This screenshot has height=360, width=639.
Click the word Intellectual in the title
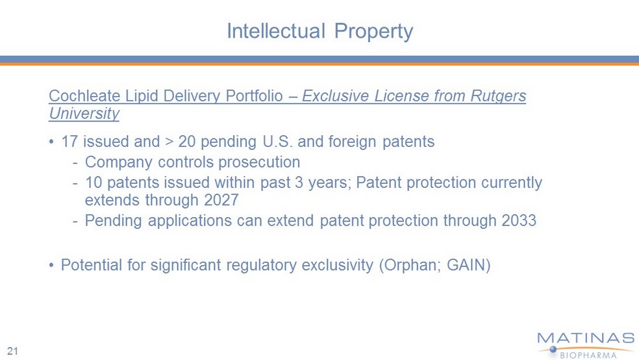click(276, 31)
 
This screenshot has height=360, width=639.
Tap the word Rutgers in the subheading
click(498, 97)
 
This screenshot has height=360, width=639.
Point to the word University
click(84, 114)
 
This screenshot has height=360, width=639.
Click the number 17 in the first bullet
click(69, 142)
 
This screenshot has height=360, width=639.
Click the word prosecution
click(259, 162)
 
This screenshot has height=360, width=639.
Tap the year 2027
click(221, 200)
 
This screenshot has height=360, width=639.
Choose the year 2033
click(519, 220)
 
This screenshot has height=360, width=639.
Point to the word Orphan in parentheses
click(410, 265)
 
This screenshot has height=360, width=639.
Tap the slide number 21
click(12, 351)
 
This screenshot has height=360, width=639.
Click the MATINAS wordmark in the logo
click(586, 339)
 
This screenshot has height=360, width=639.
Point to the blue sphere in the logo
click(553, 350)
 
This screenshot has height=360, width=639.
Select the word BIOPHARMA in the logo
click(588, 355)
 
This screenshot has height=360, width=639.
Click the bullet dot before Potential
click(51, 265)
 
